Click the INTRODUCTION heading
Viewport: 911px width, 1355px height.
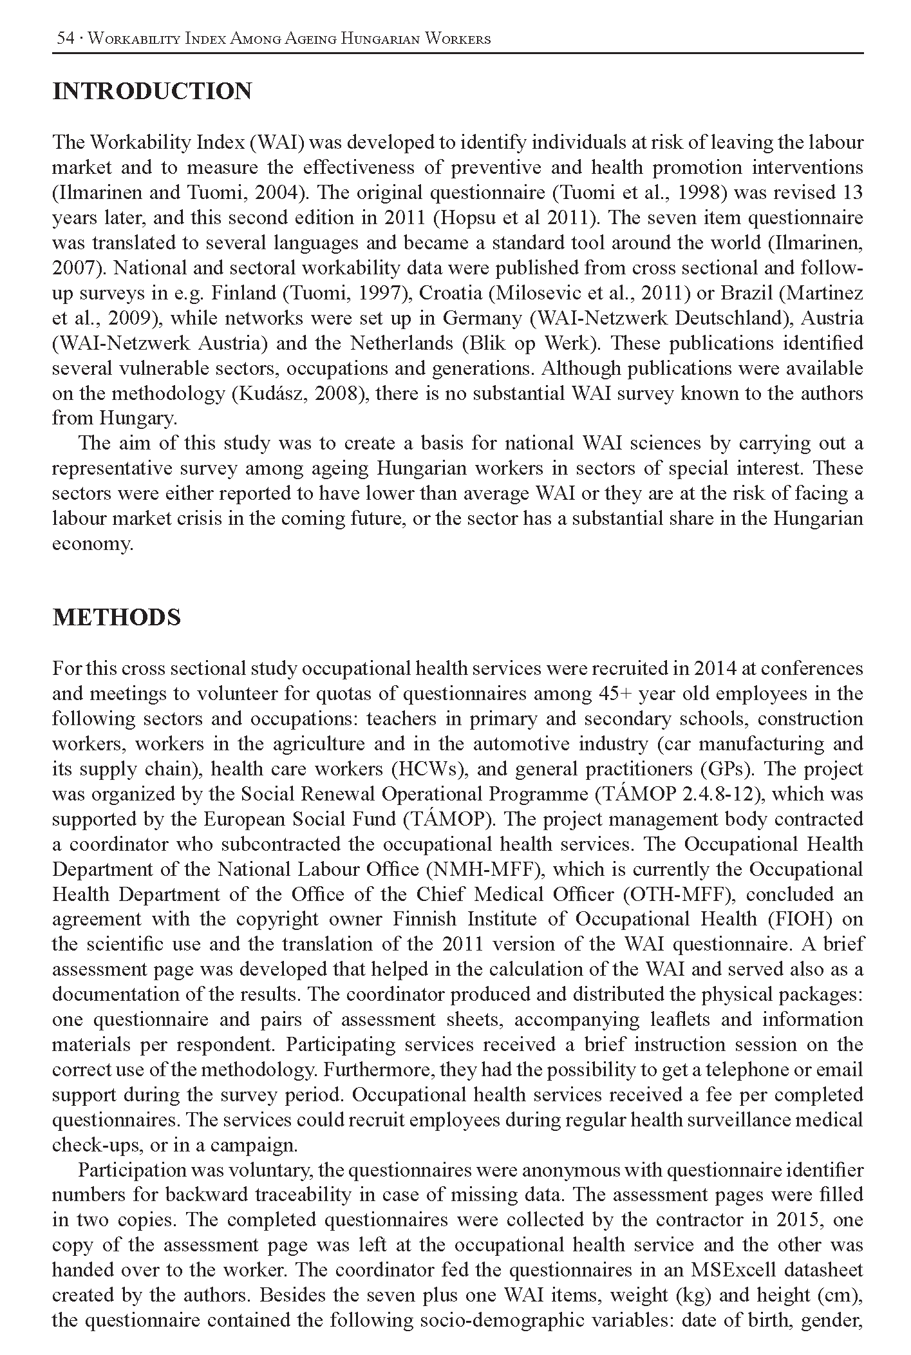[x=152, y=91]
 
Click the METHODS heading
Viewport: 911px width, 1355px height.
[x=117, y=617]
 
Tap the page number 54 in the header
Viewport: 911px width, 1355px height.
[x=66, y=39]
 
